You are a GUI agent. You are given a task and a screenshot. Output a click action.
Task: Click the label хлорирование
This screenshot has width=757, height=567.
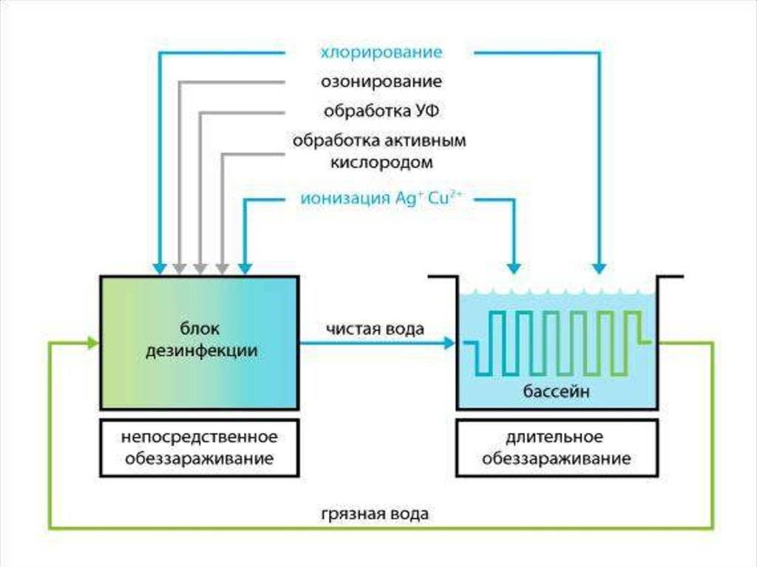point(381,52)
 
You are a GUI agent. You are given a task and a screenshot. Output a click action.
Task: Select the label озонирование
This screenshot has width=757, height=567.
point(381,81)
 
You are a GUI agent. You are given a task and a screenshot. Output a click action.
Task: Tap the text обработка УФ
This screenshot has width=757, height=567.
point(381,111)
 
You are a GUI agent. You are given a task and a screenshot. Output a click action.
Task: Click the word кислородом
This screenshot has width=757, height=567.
point(381,163)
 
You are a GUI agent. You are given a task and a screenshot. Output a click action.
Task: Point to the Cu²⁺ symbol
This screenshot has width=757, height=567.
point(441,198)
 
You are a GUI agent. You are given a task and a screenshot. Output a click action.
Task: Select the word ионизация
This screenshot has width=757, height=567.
point(344,199)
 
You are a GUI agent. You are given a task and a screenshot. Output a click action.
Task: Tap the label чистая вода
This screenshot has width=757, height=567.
point(375,330)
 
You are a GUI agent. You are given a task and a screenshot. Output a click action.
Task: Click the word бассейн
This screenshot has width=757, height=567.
point(556,391)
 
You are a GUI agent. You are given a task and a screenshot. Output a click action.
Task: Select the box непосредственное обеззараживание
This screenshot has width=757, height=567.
point(200,448)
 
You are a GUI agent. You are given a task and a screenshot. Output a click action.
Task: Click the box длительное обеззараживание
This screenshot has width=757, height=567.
point(557,448)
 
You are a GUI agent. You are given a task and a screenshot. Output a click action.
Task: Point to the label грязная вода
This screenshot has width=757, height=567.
point(375,514)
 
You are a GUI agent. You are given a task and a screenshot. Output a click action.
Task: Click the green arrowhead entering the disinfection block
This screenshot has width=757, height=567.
point(92,344)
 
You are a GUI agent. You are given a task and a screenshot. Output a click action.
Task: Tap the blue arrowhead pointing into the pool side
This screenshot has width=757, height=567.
point(449,344)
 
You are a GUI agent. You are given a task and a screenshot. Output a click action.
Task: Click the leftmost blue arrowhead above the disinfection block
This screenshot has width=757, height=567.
point(160,268)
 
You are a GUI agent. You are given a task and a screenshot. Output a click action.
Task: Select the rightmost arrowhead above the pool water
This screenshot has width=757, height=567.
point(599,268)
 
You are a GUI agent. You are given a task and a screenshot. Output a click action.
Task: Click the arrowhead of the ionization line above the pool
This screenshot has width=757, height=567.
point(515,268)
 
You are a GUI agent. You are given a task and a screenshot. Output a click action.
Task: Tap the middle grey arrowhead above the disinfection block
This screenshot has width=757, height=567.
point(200,268)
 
